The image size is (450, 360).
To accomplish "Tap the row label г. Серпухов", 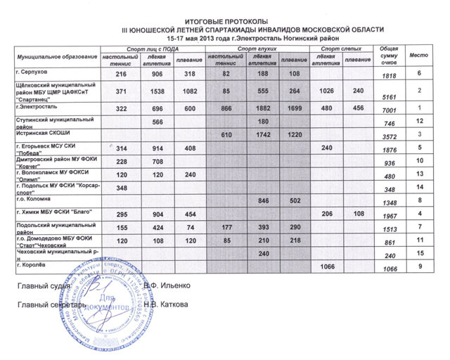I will (x=32, y=72).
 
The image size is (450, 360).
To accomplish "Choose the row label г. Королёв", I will (x=30, y=264).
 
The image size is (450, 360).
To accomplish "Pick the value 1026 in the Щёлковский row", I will (x=327, y=91).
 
